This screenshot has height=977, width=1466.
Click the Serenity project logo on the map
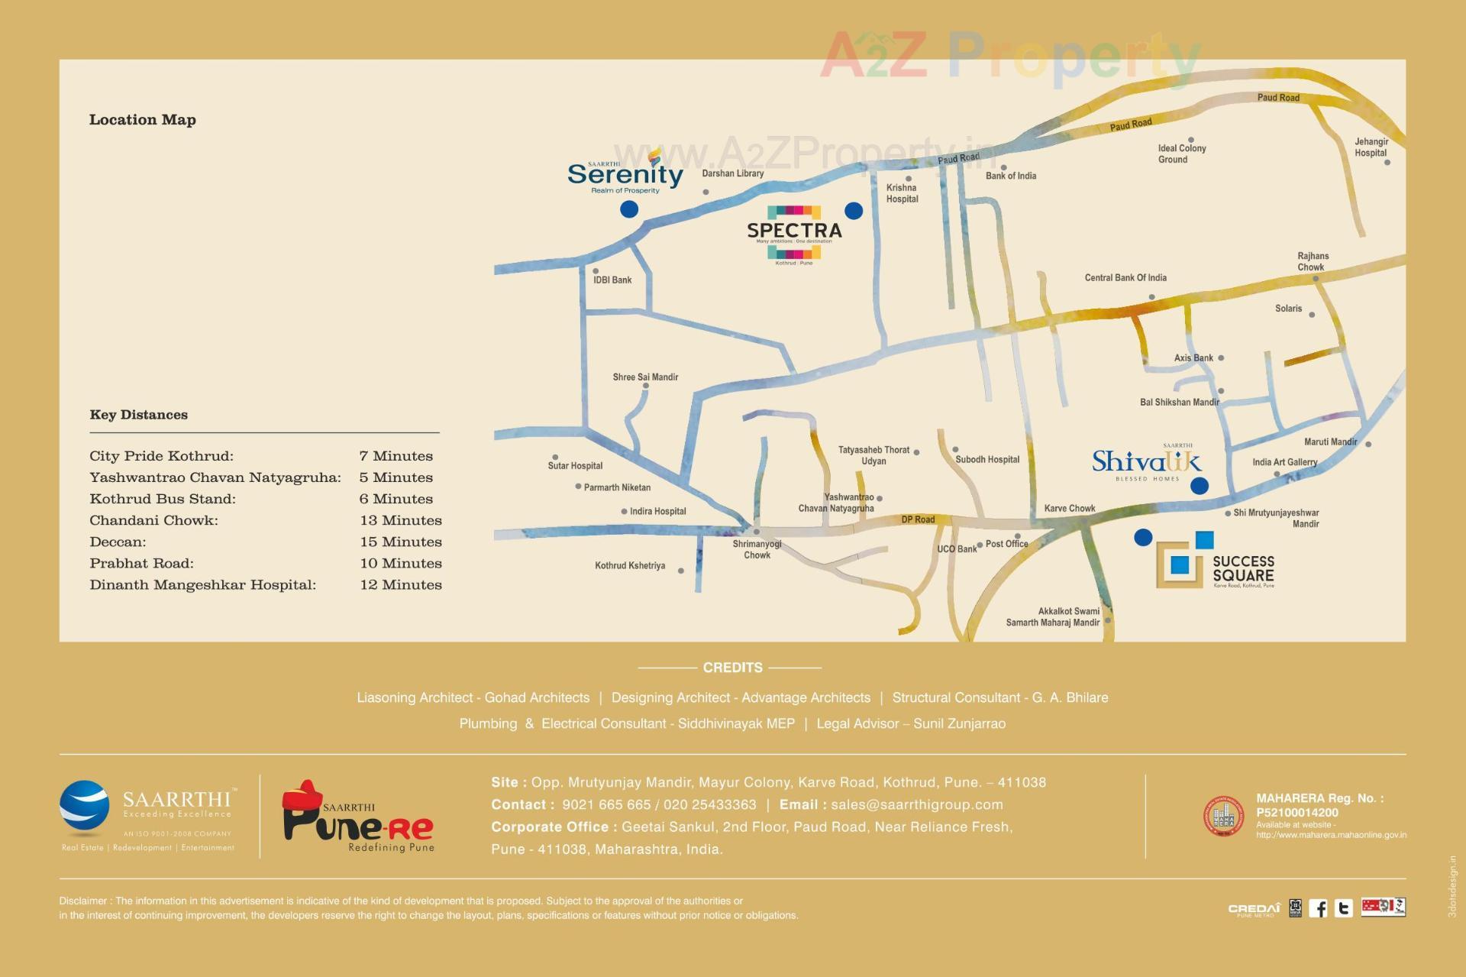pos(625,173)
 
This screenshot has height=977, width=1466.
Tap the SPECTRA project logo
pos(794,231)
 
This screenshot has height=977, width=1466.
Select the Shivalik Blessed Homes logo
pos(1146,462)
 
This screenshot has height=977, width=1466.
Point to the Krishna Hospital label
pos(902,193)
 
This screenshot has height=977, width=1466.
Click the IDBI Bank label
pos(612,280)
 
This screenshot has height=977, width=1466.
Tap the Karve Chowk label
pos(1069,509)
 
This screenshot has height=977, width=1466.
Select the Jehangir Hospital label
pos(1371,147)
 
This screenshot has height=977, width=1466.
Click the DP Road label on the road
pos(918,519)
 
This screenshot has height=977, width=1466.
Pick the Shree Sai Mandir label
pos(645,377)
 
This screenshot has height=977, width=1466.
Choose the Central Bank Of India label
pos(1125,278)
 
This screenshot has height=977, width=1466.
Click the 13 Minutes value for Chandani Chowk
pos(401,520)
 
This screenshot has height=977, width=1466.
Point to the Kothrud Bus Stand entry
pos(163,499)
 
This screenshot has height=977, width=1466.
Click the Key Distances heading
pos(138,415)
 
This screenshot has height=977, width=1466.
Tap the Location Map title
pos(143,120)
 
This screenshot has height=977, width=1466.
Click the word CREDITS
pos(732,668)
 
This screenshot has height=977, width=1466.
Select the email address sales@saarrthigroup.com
pos(916,804)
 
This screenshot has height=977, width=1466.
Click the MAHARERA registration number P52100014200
pos(1296,813)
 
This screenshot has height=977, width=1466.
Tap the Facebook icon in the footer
pos(1318,907)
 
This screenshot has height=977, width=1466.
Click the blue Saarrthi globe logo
pos(84,808)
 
